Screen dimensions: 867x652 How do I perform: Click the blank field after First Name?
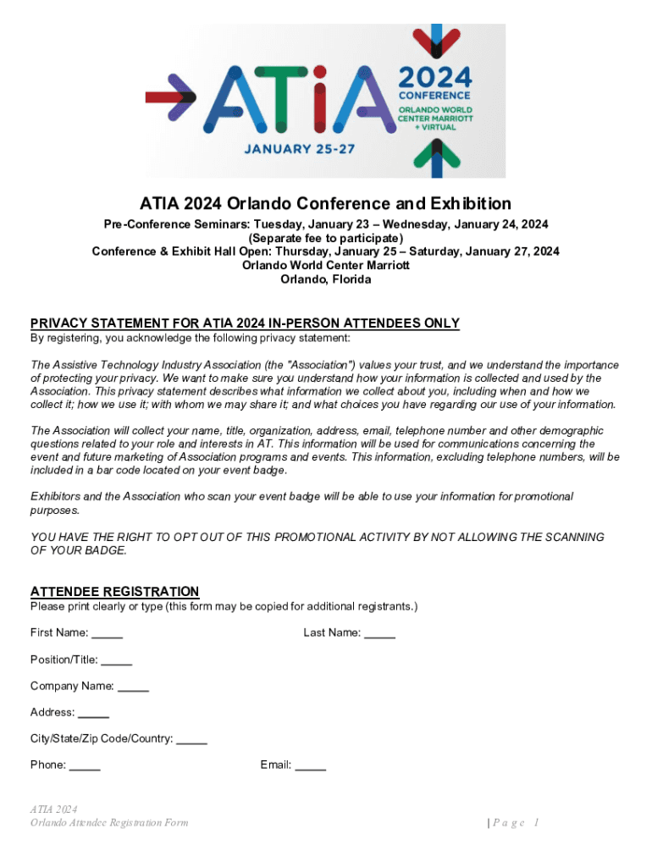pyautogui.click(x=108, y=633)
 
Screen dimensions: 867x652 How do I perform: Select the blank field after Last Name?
pyautogui.click(x=379, y=633)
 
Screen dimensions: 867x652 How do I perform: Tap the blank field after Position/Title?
pyautogui.click(x=116, y=660)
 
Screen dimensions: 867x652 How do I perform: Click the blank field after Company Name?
pyautogui.click(x=133, y=687)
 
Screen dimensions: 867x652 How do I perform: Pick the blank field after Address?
pyautogui.click(x=93, y=713)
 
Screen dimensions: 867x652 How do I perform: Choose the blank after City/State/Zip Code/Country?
pyautogui.click(x=192, y=739)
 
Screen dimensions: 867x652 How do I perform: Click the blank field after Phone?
pyautogui.click(x=85, y=765)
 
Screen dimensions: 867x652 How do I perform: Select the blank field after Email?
pyautogui.click(x=310, y=765)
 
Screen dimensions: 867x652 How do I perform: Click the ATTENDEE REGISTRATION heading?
pyautogui.click(x=115, y=591)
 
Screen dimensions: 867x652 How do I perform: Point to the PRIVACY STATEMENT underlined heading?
pyautogui.click(x=245, y=323)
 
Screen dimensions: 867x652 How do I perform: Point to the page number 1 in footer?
pyautogui.click(x=537, y=823)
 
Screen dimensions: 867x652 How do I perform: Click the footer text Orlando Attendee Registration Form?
pyautogui.click(x=109, y=823)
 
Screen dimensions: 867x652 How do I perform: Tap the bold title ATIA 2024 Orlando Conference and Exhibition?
pyautogui.click(x=325, y=203)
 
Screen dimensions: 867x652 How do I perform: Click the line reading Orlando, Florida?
pyautogui.click(x=325, y=279)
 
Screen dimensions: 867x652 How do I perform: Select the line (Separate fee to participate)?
pyautogui.click(x=325, y=238)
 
